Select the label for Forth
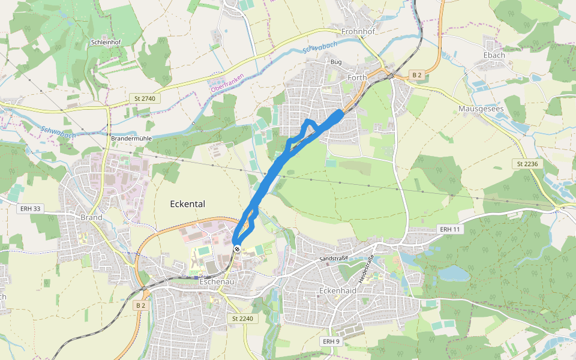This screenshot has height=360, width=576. point(357,77)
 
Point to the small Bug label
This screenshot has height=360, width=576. point(336,62)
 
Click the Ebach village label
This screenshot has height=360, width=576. point(494,55)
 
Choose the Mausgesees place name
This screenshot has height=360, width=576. point(479,109)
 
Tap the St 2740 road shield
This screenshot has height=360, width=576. point(145,98)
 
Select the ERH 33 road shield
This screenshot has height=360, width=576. point(30,208)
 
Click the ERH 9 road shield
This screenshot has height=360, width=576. point(331,341)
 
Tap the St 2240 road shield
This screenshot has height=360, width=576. point(243,319)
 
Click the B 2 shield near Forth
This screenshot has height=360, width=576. point(417,74)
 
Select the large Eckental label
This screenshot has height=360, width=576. point(187,204)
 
